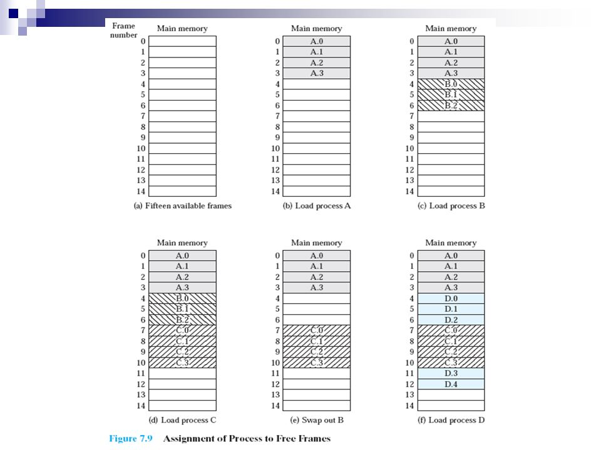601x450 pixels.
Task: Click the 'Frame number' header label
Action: (x=124, y=30)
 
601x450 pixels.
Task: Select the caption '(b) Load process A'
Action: (x=317, y=206)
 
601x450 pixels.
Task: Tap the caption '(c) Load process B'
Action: (x=451, y=206)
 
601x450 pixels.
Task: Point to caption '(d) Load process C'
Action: (x=183, y=420)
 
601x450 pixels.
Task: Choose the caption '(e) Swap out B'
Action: (x=317, y=420)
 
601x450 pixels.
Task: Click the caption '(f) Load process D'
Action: (x=451, y=420)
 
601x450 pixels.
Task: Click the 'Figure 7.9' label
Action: (x=130, y=438)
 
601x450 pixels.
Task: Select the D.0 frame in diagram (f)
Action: (x=451, y=299)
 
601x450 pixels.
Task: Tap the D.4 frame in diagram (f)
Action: (x=451, y=384)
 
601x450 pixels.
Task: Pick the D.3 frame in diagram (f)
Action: (x=451, y=374)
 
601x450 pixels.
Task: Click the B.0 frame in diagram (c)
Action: (x=451, y=84)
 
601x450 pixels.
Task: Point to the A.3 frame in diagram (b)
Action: (x=317, y=74)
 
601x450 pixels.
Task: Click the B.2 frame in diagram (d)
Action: (x=183, y=320)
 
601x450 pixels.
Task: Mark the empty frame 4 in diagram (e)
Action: (x=317, y=299)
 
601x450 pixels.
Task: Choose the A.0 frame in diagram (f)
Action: (x=451, y=256)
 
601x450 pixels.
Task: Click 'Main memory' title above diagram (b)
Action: (x=317, y=29)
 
